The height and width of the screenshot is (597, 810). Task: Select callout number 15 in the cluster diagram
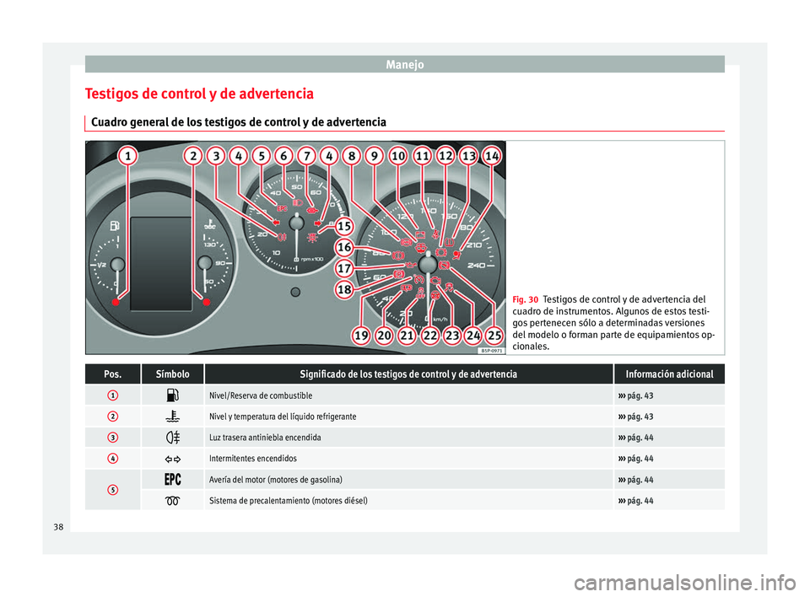[x=344, y=226]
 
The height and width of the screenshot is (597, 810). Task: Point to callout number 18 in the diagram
[x=344, y=289]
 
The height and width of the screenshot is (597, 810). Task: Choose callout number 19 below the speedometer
[x=361, y=336]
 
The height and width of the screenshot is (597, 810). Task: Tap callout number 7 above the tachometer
[x=307, y=156]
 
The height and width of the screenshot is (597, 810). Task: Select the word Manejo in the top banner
[x=404, y=63]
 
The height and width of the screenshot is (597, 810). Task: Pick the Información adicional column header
[x=670, y=374]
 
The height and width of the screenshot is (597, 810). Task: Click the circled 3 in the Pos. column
[x=113, y=438]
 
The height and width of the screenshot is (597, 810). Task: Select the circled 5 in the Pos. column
[x=113, y=490]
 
